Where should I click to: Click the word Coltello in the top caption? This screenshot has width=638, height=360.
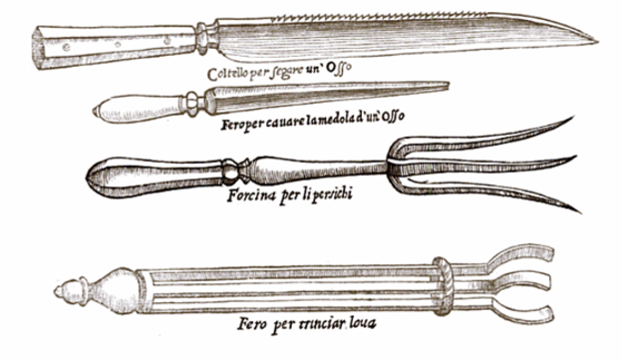point(229,75)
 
